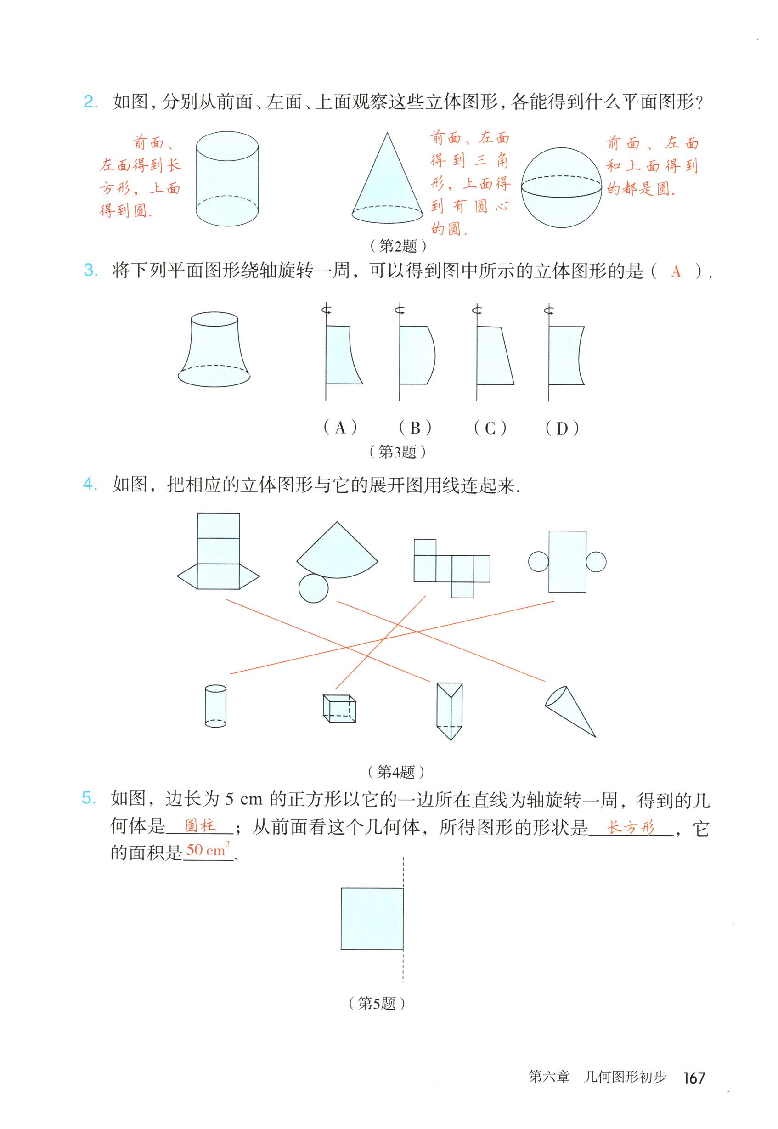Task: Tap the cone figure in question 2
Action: pos(387,185)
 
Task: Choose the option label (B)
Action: pos(415,428)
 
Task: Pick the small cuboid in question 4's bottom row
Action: pos(339,709)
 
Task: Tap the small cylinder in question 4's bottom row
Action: pos(215,706)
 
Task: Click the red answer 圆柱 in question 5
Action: pos(200,826)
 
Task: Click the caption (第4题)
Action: pos(396,772)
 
